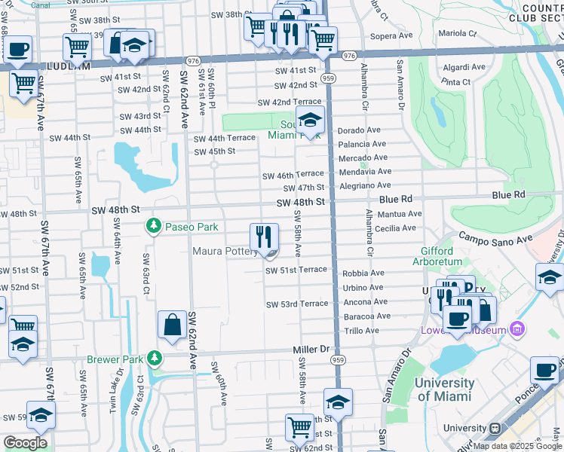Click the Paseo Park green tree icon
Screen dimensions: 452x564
tap(154, 226)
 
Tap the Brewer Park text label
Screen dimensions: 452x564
tap(113, 359)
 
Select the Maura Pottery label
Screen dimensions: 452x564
tap(225, 252)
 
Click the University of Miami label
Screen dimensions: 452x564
tap(445, 389)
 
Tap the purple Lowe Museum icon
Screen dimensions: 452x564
tap(517, 328)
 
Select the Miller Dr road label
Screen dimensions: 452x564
tap(312, 350)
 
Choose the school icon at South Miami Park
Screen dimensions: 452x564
tap(310, 120)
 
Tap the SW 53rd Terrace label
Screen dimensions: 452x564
tap(297, 304)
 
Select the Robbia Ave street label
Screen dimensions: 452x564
tap(363, 273)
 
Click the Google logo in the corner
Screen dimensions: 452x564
tap(25, 443)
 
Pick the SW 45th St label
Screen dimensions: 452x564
tap(215, 151)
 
